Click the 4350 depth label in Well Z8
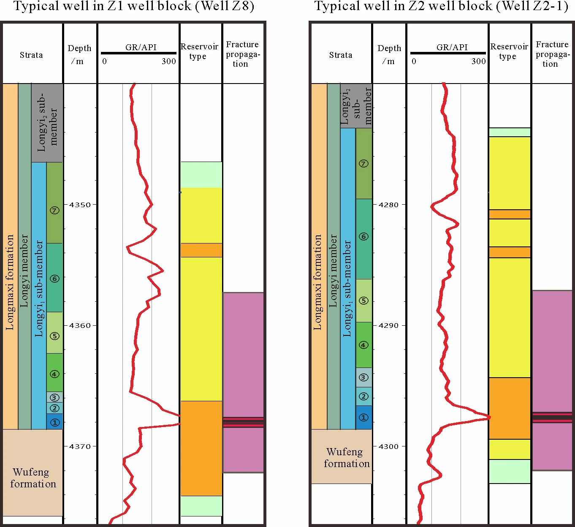(80, 205)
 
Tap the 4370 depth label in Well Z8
(80, 446)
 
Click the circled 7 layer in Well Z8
(54, 210)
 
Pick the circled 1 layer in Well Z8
(54, 422)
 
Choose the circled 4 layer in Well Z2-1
(363, 345)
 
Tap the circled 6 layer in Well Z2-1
(363, 236)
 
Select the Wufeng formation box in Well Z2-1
(344, 457)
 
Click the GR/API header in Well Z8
(141, 47)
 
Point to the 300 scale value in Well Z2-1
(478, 62)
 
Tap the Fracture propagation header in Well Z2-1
(552, 54)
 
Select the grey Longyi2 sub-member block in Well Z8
(47, 122)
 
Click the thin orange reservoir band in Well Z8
(201, 250)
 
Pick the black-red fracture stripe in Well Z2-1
(552, 418)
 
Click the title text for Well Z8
(133, 7)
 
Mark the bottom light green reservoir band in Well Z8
(201, 505)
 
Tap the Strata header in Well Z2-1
(340, 55)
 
